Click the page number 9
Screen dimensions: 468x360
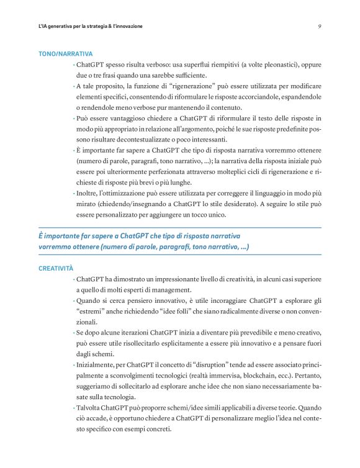click(x=318, y=26)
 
